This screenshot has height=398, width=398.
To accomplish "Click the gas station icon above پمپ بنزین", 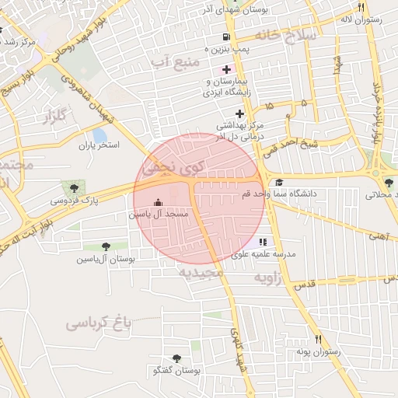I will [x=225, y=37].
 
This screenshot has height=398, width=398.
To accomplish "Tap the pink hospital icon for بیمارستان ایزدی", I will [x=226, y=69].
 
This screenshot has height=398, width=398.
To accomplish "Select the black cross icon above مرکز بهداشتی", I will [x=239, y=113].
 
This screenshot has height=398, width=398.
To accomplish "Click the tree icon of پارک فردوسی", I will [x=74, y=187].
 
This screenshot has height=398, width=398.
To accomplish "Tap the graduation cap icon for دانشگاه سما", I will [x=278, y=183].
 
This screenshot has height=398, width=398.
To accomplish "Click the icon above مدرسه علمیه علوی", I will [x=262, y=243].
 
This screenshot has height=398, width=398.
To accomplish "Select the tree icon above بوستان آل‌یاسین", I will [x=106, y=246].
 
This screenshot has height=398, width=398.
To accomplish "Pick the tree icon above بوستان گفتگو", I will [x=176, y=359].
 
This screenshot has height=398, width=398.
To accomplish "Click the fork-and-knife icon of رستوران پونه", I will [x=318, y=340].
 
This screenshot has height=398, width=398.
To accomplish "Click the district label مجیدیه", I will [x=201, y=273].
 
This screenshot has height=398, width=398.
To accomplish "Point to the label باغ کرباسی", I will [x=96, y=322].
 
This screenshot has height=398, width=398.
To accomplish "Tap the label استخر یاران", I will [x=100, y=145].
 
